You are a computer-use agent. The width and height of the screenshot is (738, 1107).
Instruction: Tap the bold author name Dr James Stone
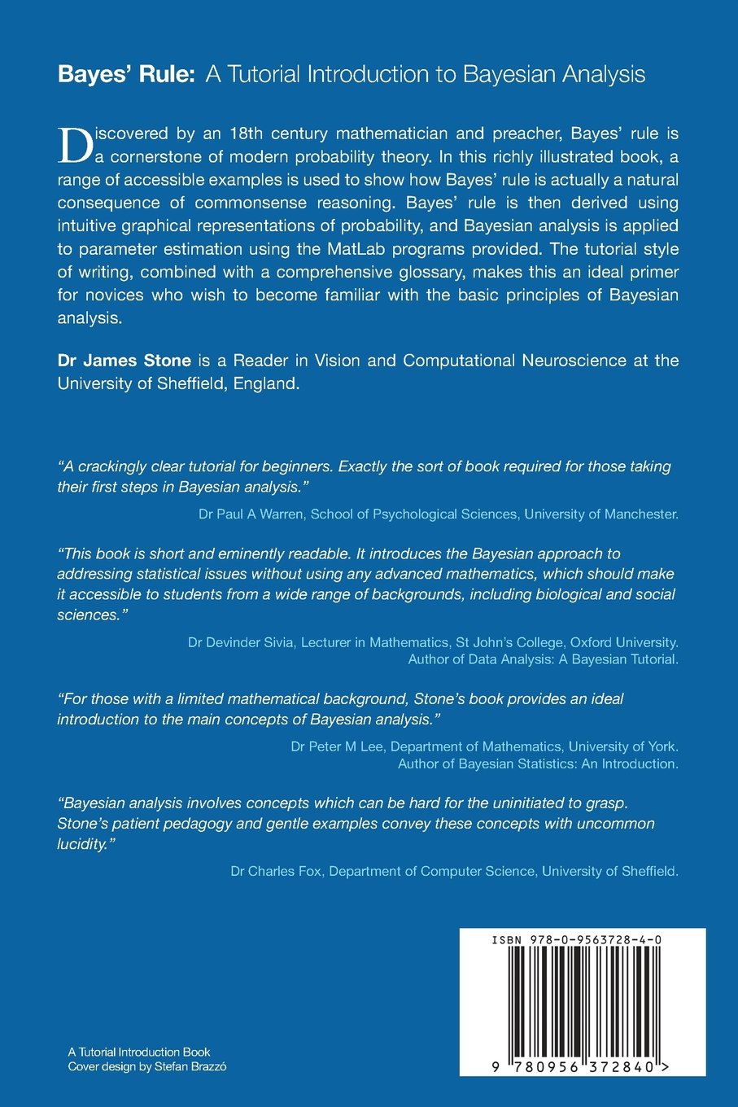pyautogui.click(x=124, y=361)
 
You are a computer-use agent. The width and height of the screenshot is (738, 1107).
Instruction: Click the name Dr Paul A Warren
pyautogui.click(x=251, y=514)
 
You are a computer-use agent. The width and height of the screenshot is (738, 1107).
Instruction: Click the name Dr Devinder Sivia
pyautogui.click(x=241, y=642)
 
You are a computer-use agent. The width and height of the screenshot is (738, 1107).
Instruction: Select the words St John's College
pyautogui.click(x=508, y=642)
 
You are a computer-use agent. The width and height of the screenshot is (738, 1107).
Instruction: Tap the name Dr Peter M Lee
pyautogui.click(x=337, y=746)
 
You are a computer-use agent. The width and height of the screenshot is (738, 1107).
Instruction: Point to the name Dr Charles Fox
pyautogui.click(x=276, y=871)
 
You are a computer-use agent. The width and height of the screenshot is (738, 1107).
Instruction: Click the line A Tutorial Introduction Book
pyautogui.click(x=139, y=1052)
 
